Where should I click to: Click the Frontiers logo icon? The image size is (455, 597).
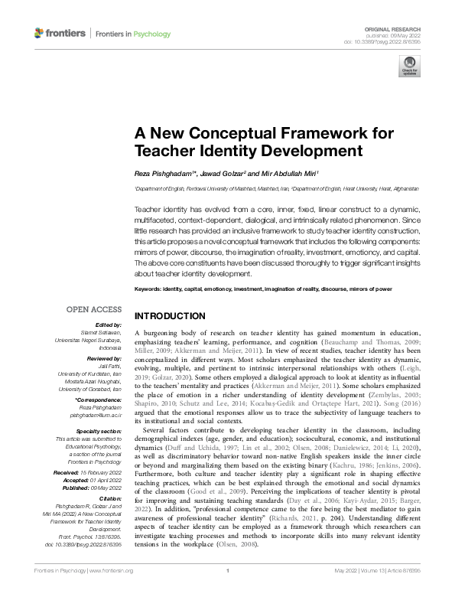[x=40, y=33]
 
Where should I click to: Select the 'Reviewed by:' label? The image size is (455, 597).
[x=104, y=358]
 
